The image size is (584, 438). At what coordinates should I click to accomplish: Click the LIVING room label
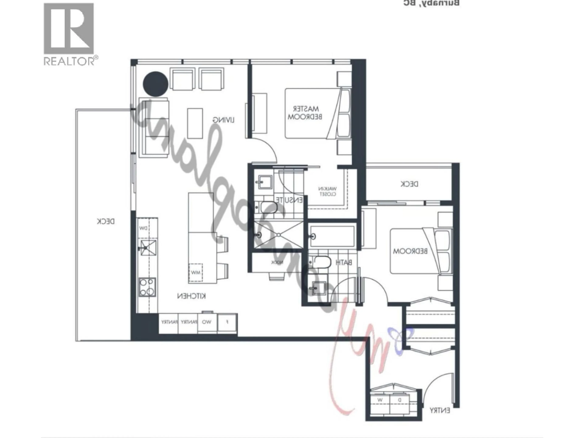click(x=223, y=120)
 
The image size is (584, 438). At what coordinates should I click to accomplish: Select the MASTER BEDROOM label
click(x=305, y=113)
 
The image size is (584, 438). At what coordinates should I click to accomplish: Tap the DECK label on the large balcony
click(x=106, y=221)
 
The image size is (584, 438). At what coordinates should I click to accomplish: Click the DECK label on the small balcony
click(x=409, y=184)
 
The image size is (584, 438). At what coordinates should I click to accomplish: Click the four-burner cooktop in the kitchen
click(x=147, y=287)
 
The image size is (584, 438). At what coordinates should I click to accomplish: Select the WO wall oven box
click(x=207, y=322)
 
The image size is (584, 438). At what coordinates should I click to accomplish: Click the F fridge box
click(x=227, y=322)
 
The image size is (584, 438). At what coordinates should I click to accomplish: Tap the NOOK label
click(x=277, y=262)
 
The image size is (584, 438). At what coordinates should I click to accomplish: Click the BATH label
click(x=344, y=262)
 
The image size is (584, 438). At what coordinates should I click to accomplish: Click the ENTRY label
click(x=440, y=410)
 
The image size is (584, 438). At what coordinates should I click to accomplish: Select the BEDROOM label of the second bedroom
click(x=410, y=251)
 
